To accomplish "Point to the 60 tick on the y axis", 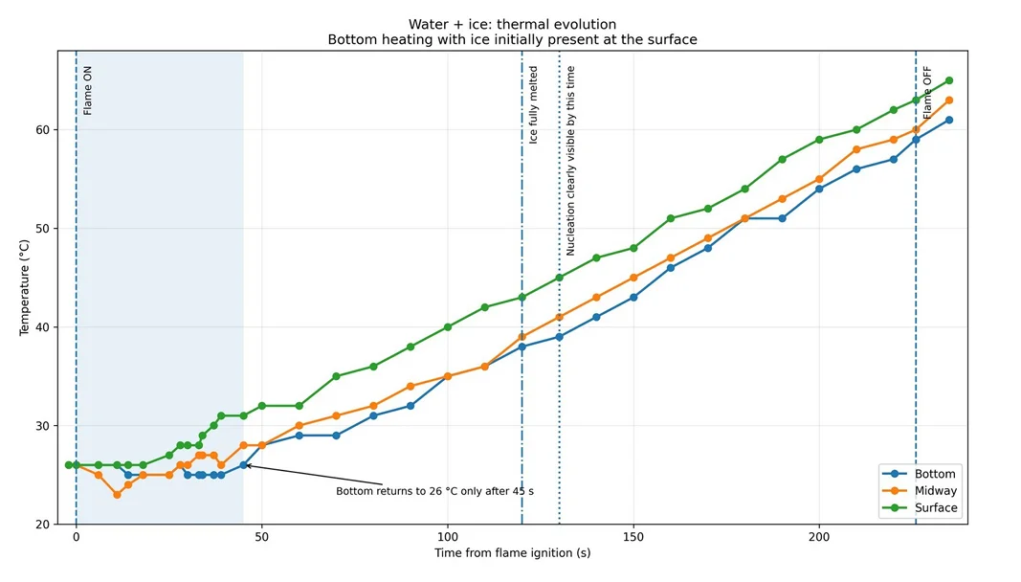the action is click(42, 129).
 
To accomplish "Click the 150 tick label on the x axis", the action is click(633, 538).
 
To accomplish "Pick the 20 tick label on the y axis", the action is click(42, 524).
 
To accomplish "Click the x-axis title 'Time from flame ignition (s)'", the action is click(513, 553).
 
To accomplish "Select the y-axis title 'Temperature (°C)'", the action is click(25, 287).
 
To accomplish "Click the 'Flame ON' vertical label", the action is click(88, 91).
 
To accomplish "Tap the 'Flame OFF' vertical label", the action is click(927, 93).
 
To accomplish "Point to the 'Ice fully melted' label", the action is click(533, 105).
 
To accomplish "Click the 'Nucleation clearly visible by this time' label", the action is click(570, 160).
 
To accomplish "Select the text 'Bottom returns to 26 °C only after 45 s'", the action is click(435, 491).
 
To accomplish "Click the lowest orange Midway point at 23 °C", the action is click(117, 495).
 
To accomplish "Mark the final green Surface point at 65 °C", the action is click(948, 80).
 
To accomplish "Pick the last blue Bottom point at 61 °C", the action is click(948, 120).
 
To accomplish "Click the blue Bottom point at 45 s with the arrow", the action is click(244, 465).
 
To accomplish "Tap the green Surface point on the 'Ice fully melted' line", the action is click(522, 297).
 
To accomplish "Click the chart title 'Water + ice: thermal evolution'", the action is click(513, 25).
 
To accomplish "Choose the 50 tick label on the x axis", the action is click(262, 538).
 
